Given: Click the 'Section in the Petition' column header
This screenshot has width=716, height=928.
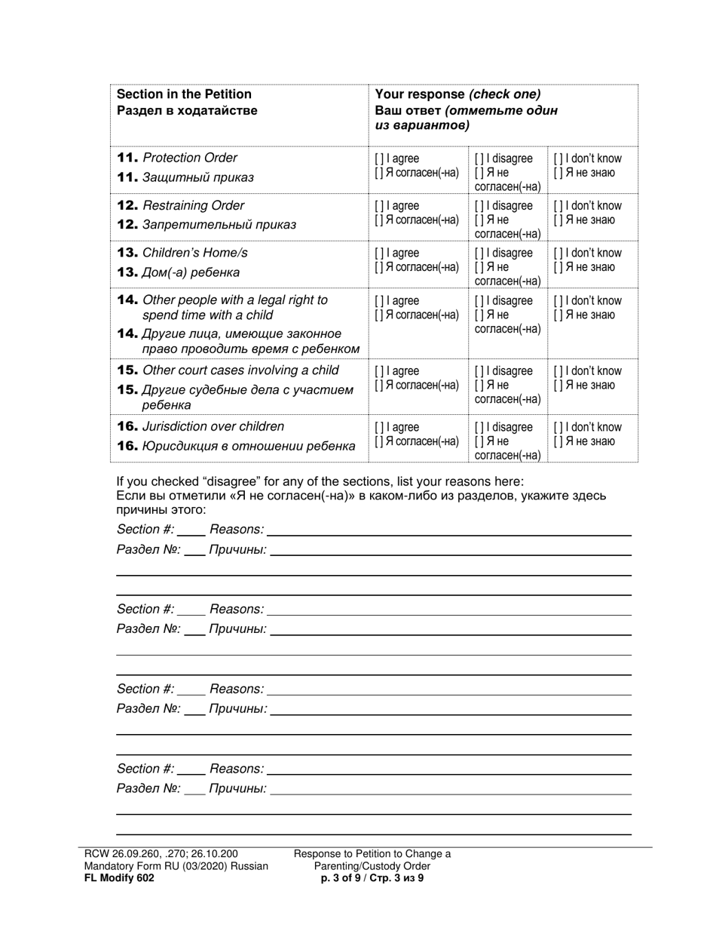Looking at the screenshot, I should click(184, 94).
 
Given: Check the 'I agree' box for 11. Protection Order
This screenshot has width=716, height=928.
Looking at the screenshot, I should click(378, 159).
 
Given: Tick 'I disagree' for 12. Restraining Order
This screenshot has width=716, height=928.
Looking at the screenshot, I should click(478, 206).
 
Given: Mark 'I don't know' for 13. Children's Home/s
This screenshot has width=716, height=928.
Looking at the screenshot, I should click(557, 254).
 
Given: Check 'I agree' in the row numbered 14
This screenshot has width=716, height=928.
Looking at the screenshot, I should click(378, 301).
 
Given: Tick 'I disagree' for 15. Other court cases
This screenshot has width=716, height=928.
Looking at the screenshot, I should click(478, 371).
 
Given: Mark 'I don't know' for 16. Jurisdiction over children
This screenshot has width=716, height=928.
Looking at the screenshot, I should click(557, 428).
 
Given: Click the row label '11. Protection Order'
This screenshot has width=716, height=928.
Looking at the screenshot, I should click(177, 158).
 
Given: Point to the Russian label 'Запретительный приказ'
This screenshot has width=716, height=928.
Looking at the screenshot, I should click(219, 225).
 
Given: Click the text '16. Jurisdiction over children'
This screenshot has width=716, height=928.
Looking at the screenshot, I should click(200, 426).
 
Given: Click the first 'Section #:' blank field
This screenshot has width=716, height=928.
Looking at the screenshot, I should click(191, 530).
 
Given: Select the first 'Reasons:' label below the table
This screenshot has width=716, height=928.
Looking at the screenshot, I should click(237, 530).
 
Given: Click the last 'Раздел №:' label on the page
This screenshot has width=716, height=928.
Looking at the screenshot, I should click(148, 788).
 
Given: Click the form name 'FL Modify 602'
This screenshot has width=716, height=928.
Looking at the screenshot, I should click(119, 877).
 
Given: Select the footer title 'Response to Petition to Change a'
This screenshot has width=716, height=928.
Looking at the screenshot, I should click(372, 854).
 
